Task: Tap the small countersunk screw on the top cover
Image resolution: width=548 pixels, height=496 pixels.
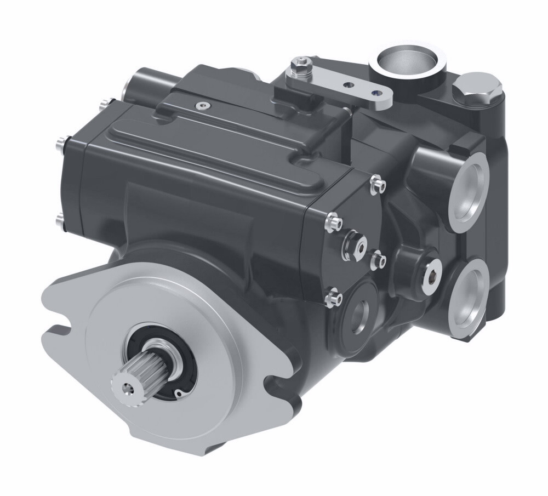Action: pos(204,104)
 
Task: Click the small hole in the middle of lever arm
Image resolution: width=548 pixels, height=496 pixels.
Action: pos(347,85)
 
